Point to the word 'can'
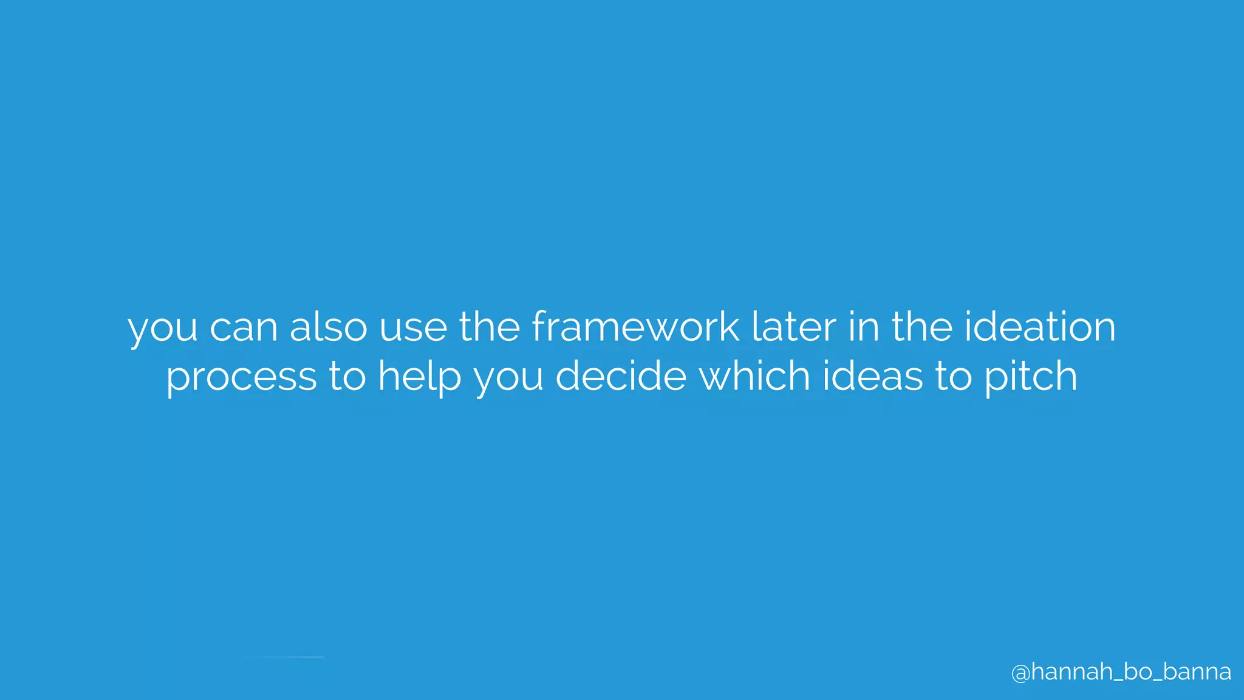(x=243, y=328)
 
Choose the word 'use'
(x=413, y=328)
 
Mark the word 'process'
(x=241, y=377)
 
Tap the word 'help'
(x=420, y=377)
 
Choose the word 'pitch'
(x=1031, y=377)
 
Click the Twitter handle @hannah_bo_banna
(x=1121, y=672)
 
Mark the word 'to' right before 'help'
(x=347, y=377)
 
